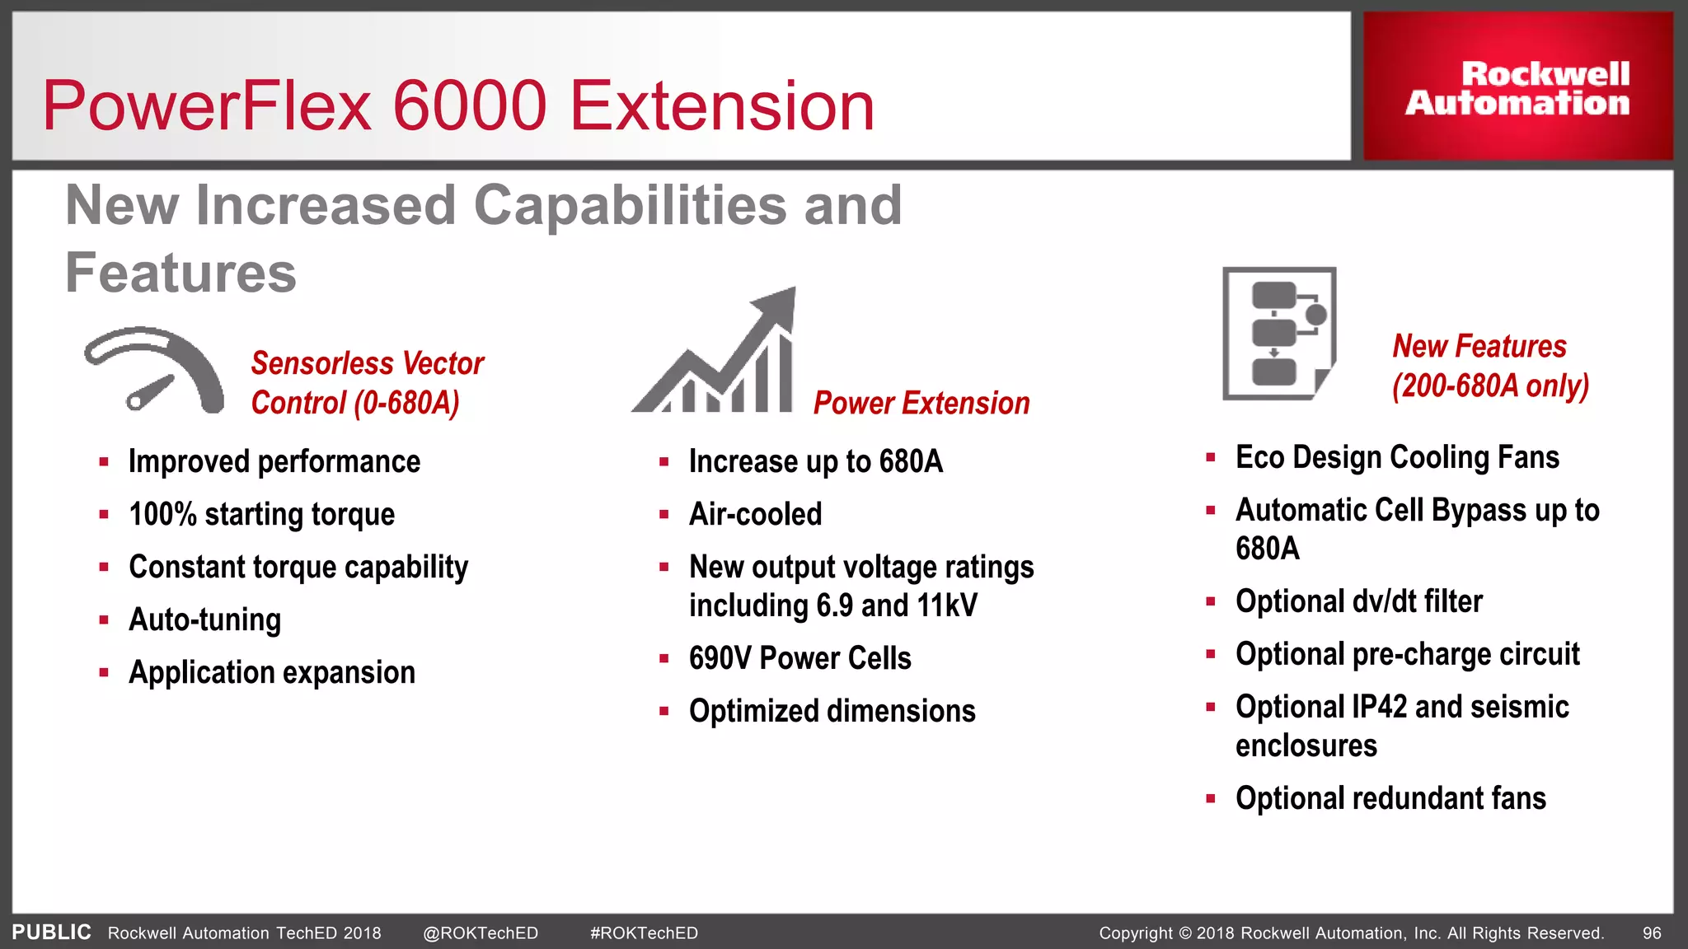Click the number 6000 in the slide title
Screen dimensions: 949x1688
point(470,106)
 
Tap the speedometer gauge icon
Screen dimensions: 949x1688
point(155,370)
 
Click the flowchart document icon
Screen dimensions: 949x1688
point(1278,333)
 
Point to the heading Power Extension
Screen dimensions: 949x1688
point(921,403)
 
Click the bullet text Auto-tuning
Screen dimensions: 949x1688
point(204,619)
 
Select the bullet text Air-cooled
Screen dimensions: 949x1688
point(755,514)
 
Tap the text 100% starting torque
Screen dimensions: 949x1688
point(261,514)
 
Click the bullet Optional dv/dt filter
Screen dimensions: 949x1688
point(1358,601)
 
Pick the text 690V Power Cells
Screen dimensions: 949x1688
point(799,658)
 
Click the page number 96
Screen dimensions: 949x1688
point(1652,933)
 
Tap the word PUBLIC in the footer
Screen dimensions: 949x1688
point(51,933)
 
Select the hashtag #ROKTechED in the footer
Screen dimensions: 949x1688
point(644,933)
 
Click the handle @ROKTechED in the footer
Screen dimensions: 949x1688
point(481,933)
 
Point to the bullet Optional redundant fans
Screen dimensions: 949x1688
point(1390,798)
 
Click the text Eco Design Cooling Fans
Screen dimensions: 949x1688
point(1397,457)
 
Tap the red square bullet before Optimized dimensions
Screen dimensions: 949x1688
point(663,711)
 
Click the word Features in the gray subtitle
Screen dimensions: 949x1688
point(181,273)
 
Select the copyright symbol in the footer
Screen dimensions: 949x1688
point(1185,933)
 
